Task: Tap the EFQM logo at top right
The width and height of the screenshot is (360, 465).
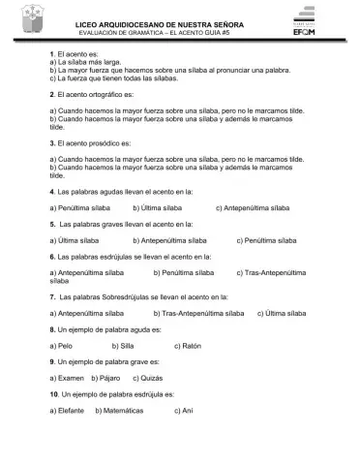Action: point(326,23)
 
